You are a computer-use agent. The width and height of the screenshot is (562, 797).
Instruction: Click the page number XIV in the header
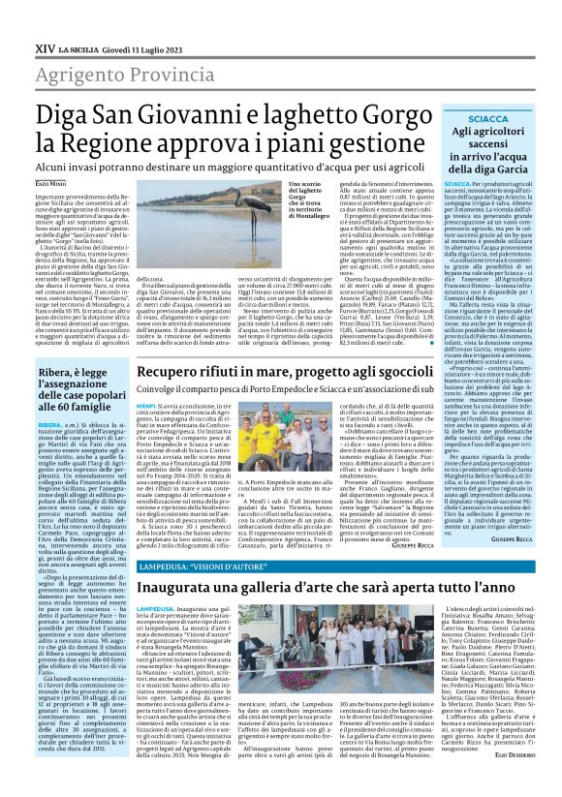point(45,20)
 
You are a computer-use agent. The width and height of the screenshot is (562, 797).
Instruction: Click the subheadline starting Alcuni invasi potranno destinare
point(251,168)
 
